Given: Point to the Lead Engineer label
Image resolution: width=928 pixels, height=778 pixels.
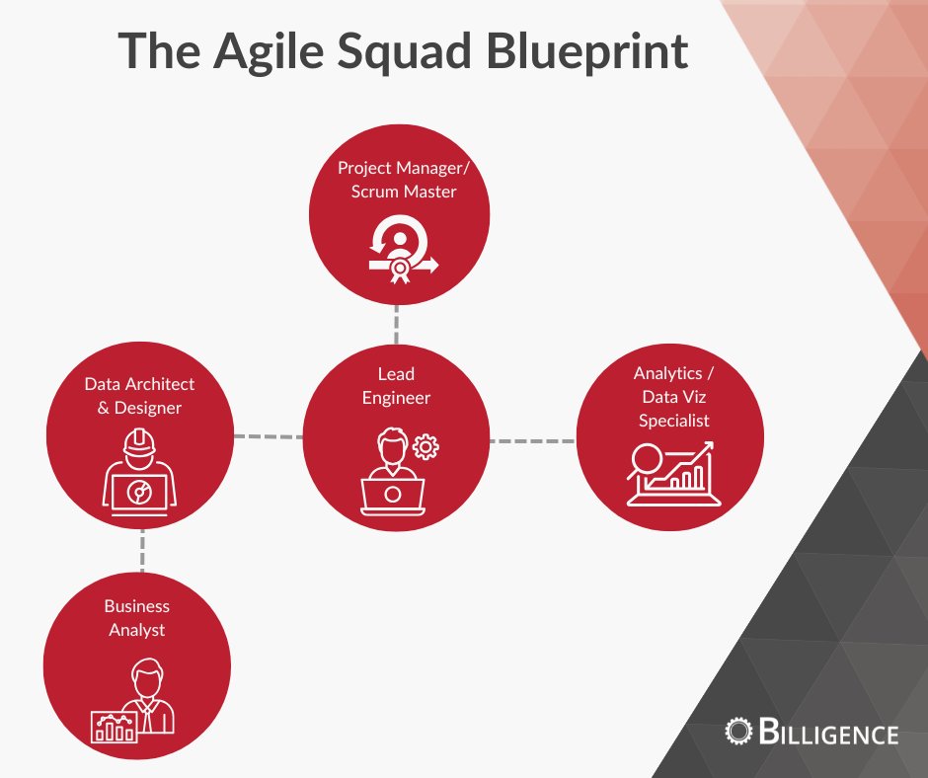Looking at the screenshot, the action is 396,386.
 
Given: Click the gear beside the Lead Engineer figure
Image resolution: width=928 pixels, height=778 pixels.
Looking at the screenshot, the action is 425,446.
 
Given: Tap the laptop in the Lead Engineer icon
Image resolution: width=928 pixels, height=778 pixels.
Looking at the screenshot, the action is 392,494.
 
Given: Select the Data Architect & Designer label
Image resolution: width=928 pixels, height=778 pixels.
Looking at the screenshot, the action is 139,395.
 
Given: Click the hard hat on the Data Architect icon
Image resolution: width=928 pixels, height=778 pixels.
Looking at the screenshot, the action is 139,440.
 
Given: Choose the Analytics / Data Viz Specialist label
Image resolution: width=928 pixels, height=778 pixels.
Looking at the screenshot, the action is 673,397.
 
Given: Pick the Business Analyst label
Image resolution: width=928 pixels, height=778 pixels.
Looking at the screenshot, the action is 137,617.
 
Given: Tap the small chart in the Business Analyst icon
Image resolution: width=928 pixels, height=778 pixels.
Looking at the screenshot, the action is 113,729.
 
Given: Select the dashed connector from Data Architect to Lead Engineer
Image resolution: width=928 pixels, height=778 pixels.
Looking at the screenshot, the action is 268,435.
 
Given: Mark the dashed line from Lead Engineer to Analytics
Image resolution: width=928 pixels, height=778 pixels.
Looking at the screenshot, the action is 532,439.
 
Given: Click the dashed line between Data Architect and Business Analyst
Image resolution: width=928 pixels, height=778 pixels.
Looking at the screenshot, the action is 141,548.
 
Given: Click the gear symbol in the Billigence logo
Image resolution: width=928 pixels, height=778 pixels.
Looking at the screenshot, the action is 737,731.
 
